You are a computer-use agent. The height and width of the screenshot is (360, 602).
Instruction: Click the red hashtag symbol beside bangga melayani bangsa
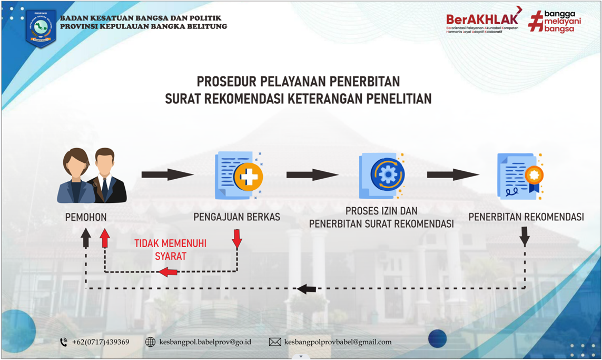pos(535,22)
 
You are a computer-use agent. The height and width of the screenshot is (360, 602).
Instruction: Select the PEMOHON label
pos(86,217)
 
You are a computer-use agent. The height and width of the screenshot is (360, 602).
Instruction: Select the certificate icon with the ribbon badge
pos(521,176)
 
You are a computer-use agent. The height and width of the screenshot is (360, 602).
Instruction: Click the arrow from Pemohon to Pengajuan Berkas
pos(167,175)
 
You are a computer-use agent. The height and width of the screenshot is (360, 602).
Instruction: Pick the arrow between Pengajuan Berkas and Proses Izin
pos(312,175)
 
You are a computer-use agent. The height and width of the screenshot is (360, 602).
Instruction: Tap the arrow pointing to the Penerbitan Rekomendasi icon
pos(452,175)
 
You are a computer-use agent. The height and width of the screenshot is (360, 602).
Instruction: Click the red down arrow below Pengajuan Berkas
pos(237,239)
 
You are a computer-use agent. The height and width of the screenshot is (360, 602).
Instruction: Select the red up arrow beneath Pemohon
pos(105,238)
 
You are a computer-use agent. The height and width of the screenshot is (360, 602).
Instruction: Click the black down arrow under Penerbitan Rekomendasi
pos(525,237)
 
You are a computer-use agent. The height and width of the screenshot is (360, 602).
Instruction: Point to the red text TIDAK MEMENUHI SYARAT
pos(170,250)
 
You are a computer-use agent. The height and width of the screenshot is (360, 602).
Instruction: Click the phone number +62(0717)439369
pos(100,342)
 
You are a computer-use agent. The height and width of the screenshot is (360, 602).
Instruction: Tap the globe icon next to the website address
pos(150,342)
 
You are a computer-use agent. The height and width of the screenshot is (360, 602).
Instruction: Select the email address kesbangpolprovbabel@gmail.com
pos(338,342)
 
